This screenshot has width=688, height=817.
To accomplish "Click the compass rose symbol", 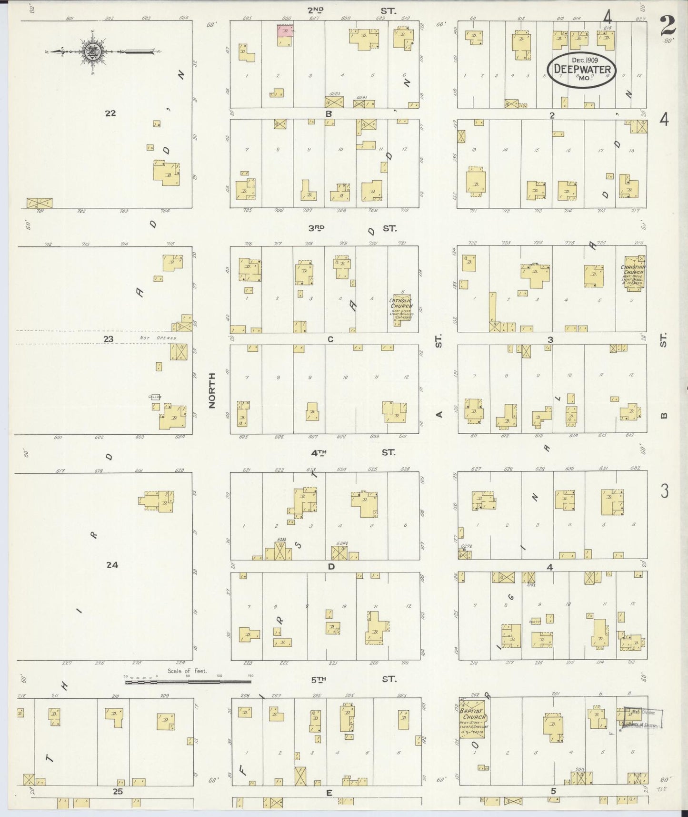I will (x=91, y=51).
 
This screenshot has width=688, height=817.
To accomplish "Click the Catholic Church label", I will (x=401, y=303).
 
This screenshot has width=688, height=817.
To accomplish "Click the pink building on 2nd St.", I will (x=286, y=31).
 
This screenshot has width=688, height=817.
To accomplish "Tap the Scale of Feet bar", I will (x=189, y=682).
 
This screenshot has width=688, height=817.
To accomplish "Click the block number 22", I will (x=110, y=113).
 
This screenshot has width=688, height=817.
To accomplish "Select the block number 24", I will (x=112, y=565).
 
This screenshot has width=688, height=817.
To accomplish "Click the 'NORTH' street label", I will (x=212, y=390).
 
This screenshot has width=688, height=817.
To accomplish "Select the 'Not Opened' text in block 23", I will (x=158, y=338).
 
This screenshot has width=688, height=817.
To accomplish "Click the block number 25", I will (x=118, y=791).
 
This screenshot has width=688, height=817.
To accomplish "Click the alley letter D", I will (x=331, y=566).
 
